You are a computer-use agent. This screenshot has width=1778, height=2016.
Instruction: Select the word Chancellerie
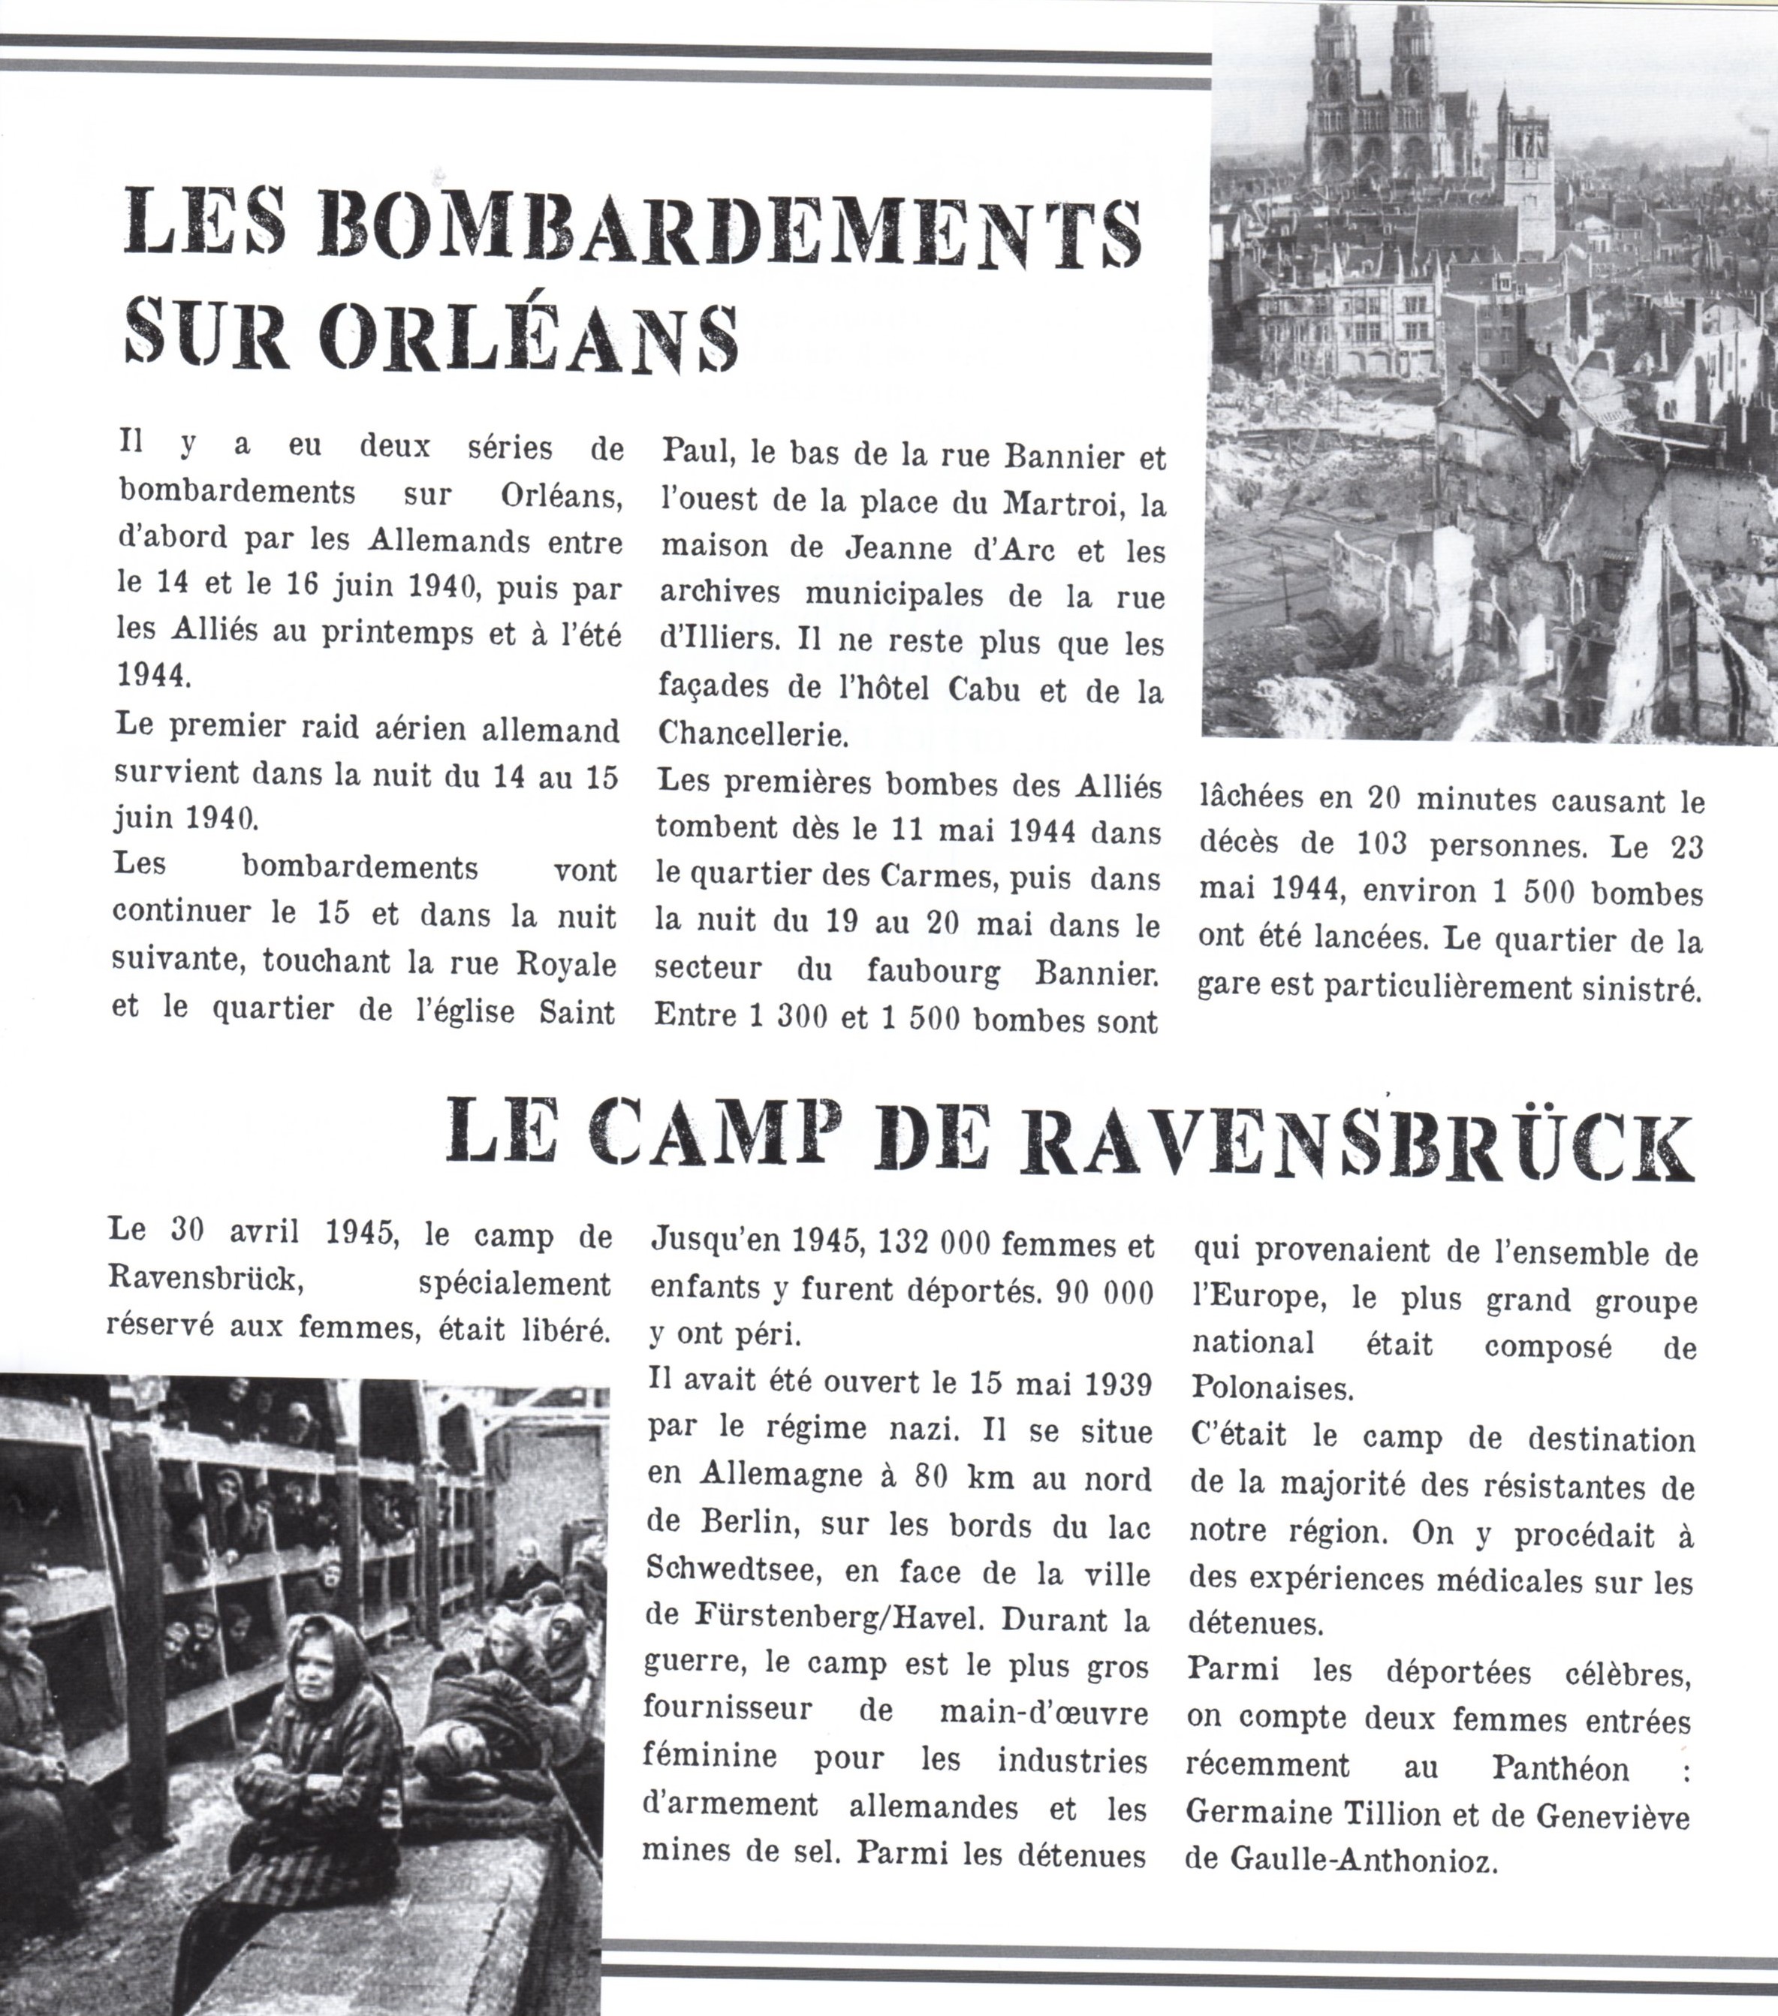tap(752, 734)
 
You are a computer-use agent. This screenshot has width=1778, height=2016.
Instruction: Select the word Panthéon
tap(1560, 1768)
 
